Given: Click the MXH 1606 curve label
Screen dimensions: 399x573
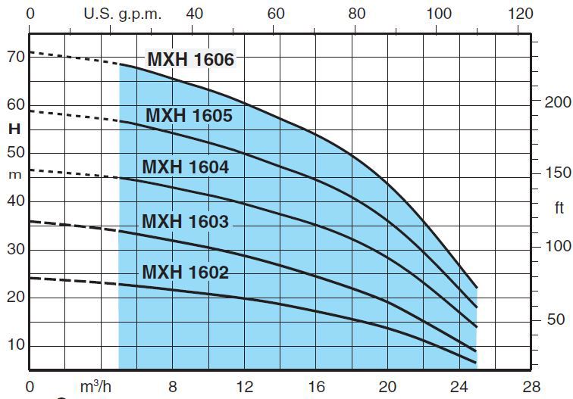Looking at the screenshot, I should point(191,59).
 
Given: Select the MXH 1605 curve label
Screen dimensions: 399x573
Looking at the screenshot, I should point(189,116).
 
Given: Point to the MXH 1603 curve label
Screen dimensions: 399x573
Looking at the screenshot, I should point(186,221).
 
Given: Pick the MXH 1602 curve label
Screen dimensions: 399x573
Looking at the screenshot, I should point(185,272).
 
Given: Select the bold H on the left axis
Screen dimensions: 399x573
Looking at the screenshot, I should point(14,129).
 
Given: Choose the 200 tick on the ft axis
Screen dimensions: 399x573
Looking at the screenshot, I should point(558,102).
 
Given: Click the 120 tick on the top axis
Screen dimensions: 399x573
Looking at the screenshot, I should point(521,14).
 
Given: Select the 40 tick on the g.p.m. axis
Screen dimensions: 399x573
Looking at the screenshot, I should point(194,14).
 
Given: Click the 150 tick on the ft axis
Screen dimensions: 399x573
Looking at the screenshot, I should point(558,173).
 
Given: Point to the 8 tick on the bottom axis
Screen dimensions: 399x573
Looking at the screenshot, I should point(173,386).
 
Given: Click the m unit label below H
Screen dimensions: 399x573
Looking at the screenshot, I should point(14,174).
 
